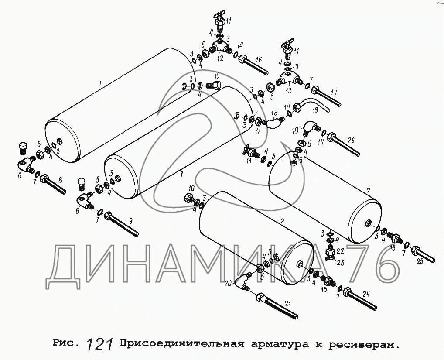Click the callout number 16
(258, 60)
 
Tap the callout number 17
(334, 92)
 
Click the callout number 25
(420, 261)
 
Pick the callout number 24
(366, 294)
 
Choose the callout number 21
(287, 303)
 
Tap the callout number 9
(130, 222)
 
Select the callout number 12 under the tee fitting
(220, 58)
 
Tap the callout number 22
(340, 251)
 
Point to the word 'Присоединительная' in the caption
(181, 344)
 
